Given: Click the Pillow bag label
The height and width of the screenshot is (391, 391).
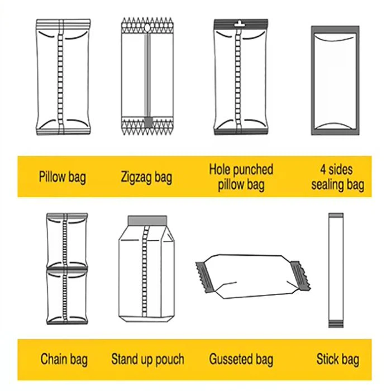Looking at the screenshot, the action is tap(63, 177).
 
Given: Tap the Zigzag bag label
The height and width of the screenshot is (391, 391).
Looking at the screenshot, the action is tap(146, 177).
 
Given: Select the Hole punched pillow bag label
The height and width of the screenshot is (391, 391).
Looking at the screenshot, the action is tap(241, 177).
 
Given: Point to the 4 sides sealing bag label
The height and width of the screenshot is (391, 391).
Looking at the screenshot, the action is tap(337, 177).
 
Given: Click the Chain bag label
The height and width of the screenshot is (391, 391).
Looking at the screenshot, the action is tap(64, 359).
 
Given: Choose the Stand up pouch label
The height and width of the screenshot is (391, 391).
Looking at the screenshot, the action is tap(147, 359).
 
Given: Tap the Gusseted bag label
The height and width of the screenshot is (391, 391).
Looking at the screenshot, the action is tap(241, 359).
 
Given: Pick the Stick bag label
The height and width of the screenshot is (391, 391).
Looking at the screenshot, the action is tap(338, 359).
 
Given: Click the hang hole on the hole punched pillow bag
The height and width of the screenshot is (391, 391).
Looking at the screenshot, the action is tap(239, 23).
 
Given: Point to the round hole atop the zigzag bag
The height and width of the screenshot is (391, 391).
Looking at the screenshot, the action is tap(147, 27).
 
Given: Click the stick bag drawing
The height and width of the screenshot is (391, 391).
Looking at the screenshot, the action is tap(336, 270).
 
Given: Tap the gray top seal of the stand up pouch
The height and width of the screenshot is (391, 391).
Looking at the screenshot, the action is tap(147, 221).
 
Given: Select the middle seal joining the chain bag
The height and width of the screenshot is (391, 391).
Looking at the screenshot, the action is tap(67, 269).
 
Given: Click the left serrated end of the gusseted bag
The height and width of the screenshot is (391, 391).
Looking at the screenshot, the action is tap(204, 277).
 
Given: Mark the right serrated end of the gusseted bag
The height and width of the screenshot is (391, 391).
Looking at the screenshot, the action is tap(301, 275).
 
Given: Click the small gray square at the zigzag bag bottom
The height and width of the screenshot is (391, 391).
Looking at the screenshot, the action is tap(148, 122).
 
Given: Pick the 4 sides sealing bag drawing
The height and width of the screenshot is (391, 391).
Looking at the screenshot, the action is tap(335, 80).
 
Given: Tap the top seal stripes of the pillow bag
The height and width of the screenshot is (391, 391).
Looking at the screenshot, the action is tap(63, 24).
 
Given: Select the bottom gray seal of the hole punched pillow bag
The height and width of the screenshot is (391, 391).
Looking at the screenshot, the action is tap(241, 132).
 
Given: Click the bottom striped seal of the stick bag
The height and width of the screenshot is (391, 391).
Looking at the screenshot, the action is tap(336, 323).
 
